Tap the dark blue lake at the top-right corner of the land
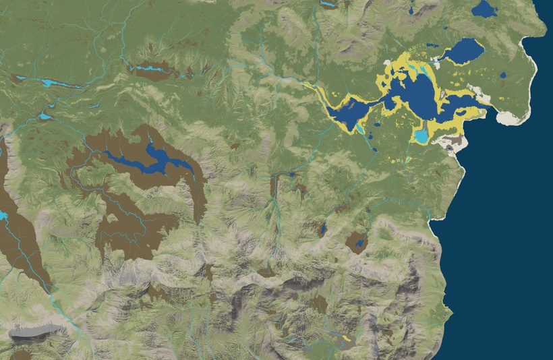point(484,9)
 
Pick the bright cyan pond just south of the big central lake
point(421,136)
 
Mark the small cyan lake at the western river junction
point(45,116)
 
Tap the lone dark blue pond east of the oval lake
point(502,75)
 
